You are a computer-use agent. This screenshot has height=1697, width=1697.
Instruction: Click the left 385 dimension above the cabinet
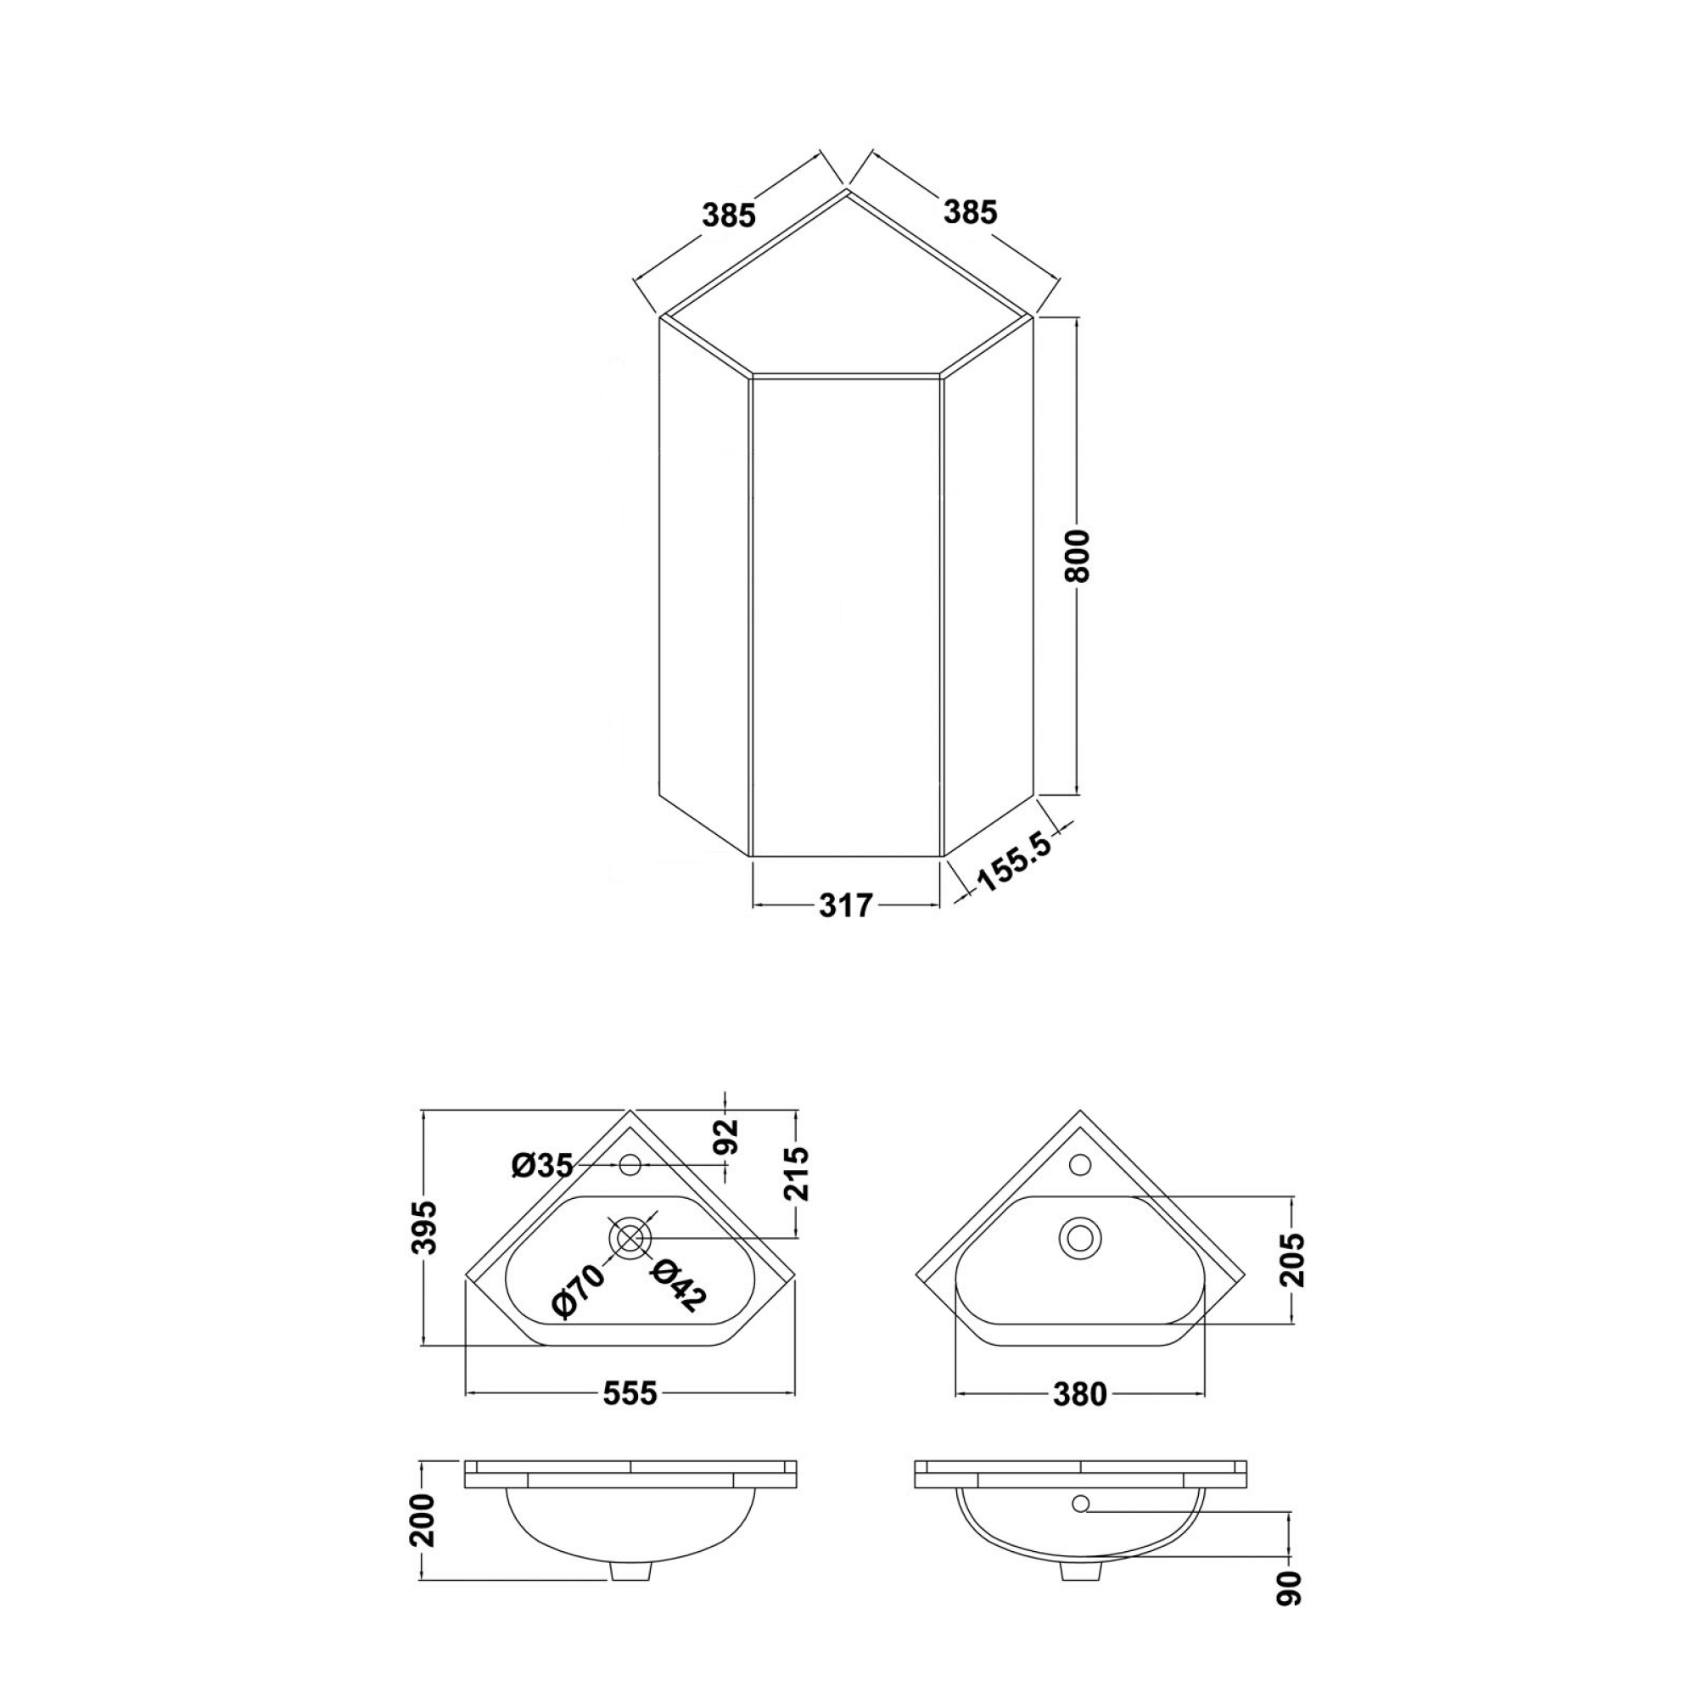coord(728,215)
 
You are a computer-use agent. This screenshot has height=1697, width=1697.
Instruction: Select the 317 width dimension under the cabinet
coord(845,905)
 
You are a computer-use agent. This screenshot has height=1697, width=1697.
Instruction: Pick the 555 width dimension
coord(630,1393)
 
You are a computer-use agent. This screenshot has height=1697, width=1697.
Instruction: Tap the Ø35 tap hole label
coord(542,1166)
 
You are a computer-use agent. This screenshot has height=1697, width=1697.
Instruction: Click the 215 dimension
coord(797,1173)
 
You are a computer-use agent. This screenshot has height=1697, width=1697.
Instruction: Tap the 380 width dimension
coord(1079,1394)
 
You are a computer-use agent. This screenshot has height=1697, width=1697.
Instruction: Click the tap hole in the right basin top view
coord(1080,1165)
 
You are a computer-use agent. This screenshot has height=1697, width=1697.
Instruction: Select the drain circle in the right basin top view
coord(1080,1237)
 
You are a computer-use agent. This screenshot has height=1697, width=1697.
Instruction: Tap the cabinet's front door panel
coord(846,615)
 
